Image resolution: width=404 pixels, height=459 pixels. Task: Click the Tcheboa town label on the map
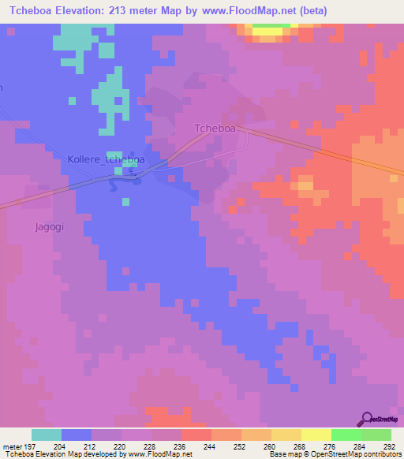(x=215, y=129)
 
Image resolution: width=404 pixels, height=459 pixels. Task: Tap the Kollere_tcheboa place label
(x=106, y=159)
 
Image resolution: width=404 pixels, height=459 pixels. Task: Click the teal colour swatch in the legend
(x=47, y=435)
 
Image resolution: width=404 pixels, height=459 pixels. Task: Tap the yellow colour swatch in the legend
(x=316, y=435)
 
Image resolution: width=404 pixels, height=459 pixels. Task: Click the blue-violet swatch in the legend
(x=77, y=435)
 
